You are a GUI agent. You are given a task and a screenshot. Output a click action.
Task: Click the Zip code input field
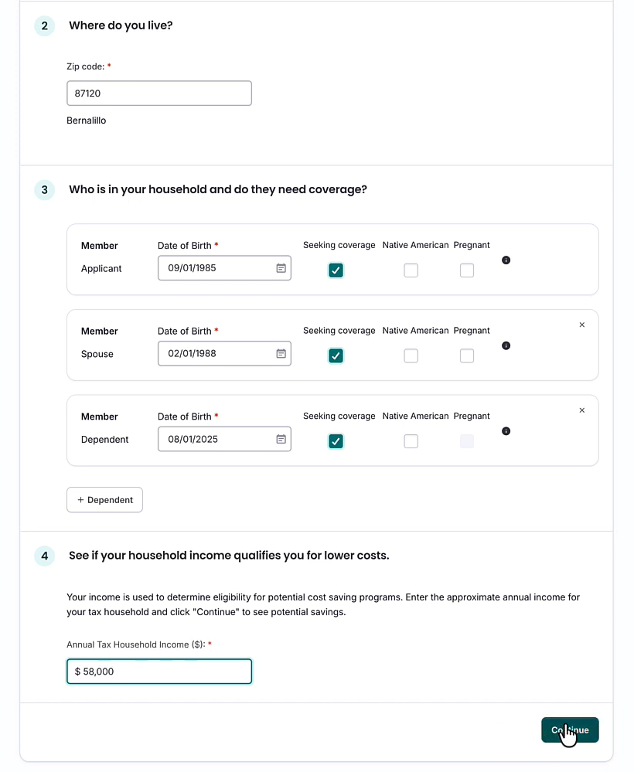tap(158, 94)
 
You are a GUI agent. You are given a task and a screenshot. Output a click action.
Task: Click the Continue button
tap(570, 730)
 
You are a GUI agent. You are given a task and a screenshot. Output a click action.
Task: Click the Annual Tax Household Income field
tap(158, 672)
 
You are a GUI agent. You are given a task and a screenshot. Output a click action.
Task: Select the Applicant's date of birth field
tap(216, 268)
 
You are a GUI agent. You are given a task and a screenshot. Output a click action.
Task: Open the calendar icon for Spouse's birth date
tap(281, 354)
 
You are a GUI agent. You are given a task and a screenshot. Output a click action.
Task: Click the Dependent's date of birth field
tap(216, 439)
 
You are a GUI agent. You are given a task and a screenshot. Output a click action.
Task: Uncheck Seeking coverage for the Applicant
tap(336, 270)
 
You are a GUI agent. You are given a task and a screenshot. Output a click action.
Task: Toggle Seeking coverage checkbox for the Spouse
tap(336, 355)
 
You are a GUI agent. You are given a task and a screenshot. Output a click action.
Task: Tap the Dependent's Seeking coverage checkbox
tap(336, 441)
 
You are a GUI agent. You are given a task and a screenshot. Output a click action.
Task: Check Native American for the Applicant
tap(411, 270)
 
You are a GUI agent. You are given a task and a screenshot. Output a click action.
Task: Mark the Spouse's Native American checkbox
tap(411, 355)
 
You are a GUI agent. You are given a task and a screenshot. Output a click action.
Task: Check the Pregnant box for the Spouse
tap(467, 355)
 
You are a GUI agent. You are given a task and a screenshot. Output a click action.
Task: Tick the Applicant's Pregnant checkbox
tap(467, 270)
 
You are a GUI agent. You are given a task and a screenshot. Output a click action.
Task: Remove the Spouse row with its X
tap(582, 325)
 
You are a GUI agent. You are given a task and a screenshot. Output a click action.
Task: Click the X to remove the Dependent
tap(582, 410)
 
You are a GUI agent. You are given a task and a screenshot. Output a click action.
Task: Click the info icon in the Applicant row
tap(506, 260)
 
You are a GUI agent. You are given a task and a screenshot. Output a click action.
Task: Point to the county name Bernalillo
tap(87, 121)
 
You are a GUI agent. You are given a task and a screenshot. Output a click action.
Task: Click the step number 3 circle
tap(44, 189)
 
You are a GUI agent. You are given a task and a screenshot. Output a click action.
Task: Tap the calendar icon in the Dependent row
tap(281, 439)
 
